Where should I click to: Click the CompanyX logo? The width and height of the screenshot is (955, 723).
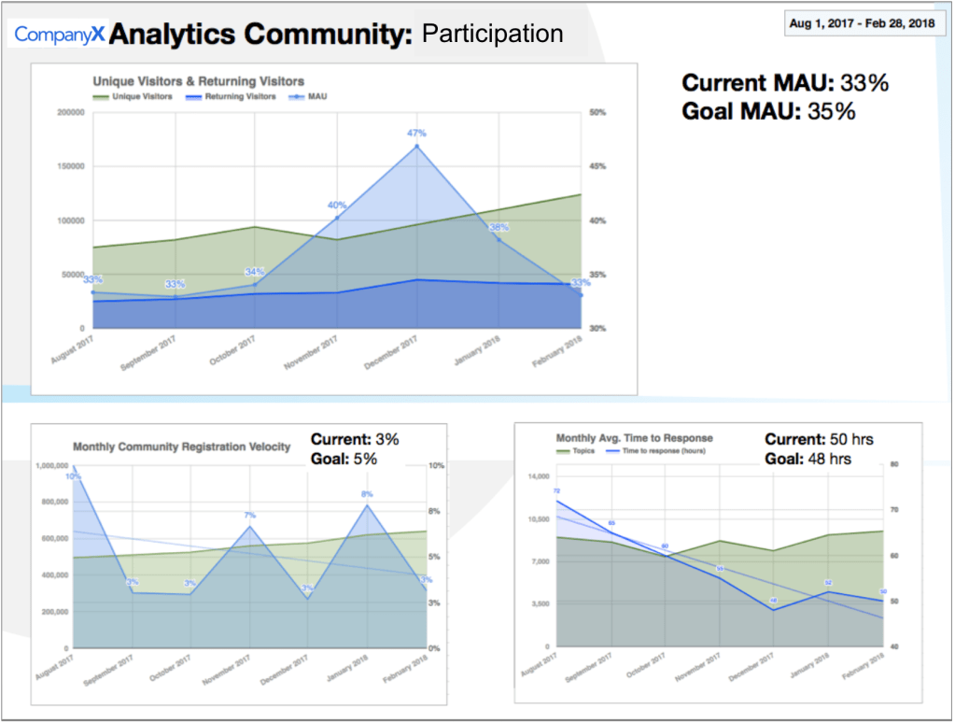59,35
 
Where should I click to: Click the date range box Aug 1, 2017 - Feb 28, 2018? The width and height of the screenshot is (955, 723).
863,21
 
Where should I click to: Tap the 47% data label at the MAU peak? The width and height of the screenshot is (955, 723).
416,134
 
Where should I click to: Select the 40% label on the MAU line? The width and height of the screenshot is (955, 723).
336,206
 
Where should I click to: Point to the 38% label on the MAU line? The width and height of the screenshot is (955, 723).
499,228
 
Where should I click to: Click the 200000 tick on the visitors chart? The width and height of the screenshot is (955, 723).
72,113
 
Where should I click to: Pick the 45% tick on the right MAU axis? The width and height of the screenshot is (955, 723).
597,166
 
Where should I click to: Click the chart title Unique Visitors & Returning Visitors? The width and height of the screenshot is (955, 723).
198,82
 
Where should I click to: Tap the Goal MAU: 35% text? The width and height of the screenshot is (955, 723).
768,111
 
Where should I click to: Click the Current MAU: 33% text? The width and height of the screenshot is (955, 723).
785,83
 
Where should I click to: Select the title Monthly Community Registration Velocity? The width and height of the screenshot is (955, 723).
181,447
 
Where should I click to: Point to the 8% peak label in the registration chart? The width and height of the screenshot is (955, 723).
367,494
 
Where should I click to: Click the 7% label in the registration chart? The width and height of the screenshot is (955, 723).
250,516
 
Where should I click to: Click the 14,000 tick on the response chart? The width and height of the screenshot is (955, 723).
536,476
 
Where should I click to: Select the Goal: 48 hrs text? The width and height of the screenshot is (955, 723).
808,459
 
